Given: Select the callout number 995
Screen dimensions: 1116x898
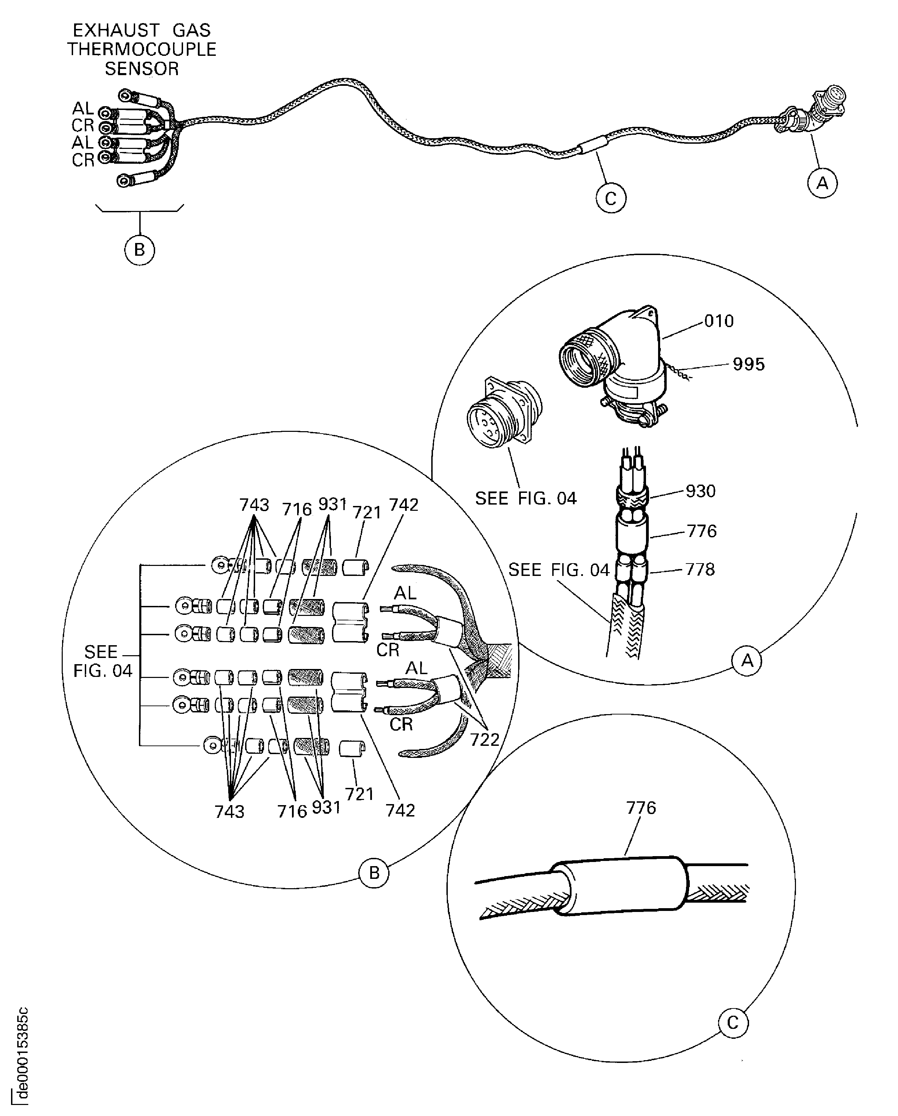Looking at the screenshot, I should [x=748, y=364].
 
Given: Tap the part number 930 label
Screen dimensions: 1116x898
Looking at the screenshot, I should [x=700, y=491].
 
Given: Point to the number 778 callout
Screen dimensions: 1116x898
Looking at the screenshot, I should [x=700, y=569].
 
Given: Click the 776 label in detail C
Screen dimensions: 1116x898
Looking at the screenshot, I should [x=641, y=808].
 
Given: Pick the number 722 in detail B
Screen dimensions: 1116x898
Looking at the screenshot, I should [x=484, y=740].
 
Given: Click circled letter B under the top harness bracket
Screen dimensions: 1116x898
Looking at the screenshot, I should [x=140, y=250].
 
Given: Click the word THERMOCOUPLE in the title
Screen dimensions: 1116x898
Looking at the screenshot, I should [x=141, y=49].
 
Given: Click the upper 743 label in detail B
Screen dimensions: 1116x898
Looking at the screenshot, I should [x=254, y=505].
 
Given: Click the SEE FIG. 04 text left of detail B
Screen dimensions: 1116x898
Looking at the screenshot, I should [x=102, y=661].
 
